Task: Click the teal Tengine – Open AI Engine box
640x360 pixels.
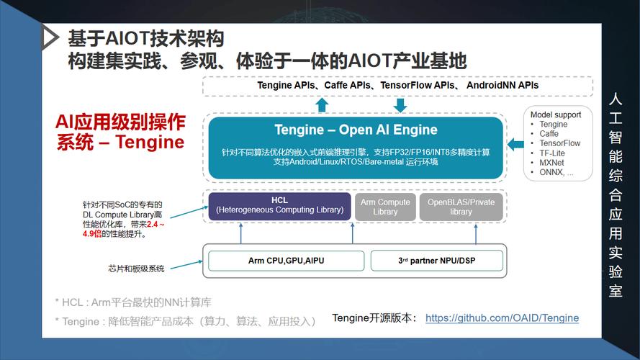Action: point(356,147)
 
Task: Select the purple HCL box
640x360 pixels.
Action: point(279,206)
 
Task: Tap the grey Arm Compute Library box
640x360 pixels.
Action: point(385,207)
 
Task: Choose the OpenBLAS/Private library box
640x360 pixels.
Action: point(461,207)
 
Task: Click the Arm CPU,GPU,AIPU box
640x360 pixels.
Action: point(286,260)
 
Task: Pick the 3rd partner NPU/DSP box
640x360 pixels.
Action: point(437,260)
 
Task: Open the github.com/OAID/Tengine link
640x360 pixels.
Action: point(502,318)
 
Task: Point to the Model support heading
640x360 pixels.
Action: point(556,114)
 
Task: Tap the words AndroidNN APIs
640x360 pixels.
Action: point(502,85)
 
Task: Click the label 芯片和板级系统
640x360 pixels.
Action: point(136,269)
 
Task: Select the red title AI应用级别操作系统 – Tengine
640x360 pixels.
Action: point(120,131)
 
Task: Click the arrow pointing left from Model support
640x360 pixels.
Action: point(515,145)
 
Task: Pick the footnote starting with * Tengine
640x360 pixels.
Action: point(185,321)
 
